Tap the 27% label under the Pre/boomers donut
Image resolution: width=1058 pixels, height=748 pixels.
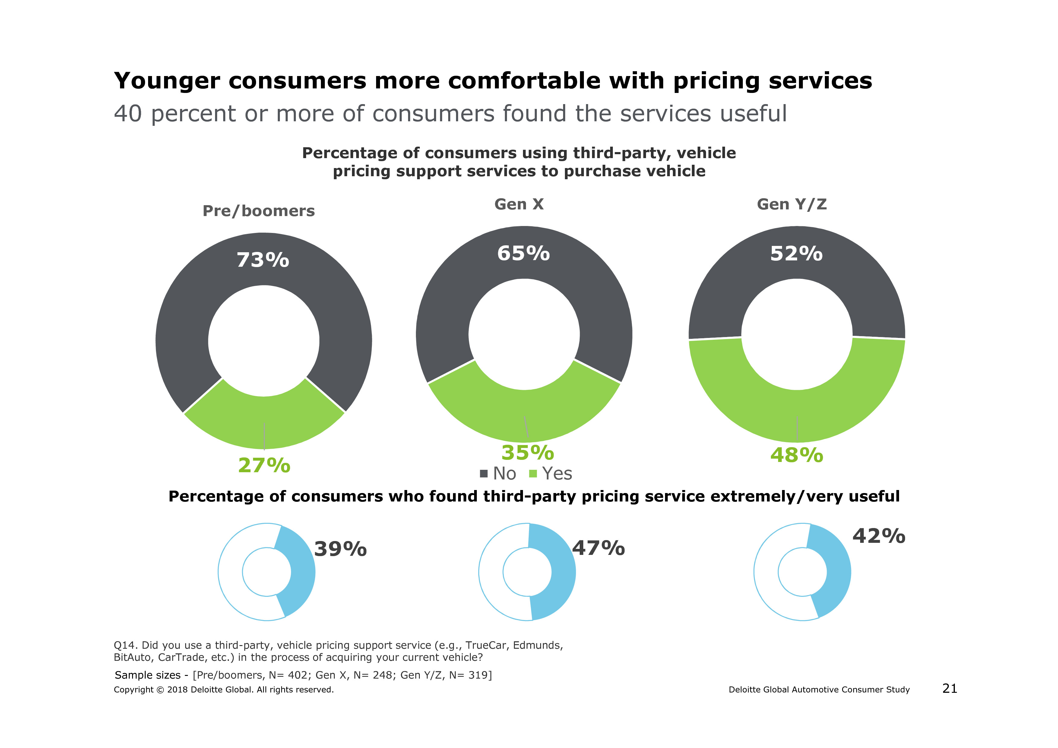click(264, 466)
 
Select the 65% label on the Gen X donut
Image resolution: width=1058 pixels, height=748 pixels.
click(524, 253)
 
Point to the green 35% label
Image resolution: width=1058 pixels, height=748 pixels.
click(527, 453)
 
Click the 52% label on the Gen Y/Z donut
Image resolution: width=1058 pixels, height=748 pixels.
click(796, 254)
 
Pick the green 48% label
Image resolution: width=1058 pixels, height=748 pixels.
click(797, 455)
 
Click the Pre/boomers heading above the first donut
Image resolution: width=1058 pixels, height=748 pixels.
click(258, 211)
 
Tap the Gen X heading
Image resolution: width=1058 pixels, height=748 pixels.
click(519, 204)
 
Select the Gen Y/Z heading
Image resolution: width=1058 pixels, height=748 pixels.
click(792, 204)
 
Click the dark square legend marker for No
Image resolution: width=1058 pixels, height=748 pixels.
click(484, 474)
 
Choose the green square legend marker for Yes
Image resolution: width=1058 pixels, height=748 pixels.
click(533, 474)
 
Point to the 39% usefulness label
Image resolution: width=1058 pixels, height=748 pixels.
click(340, 549)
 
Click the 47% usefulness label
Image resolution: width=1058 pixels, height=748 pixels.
click(598, 548)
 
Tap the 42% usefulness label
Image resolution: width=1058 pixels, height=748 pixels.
click(879, 536)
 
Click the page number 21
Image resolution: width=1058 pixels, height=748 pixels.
click(950, 689)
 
